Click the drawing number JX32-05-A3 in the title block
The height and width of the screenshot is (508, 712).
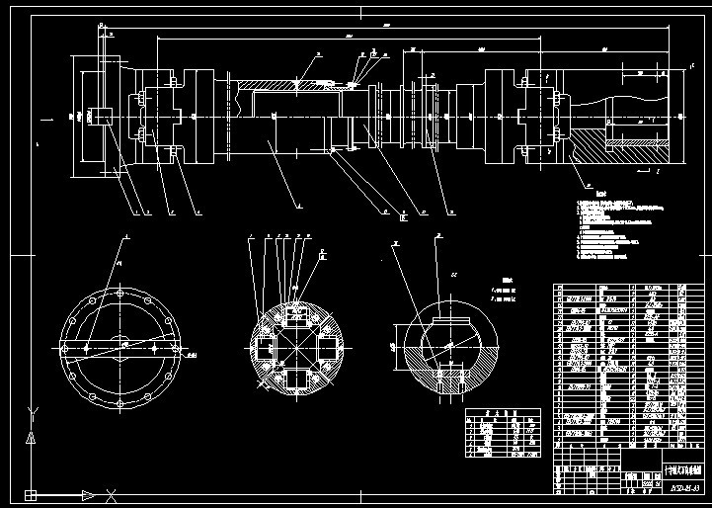(x=683, y=488)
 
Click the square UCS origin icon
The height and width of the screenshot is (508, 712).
(x=33, y=494)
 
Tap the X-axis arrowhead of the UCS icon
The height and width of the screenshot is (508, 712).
(x=89, y=494)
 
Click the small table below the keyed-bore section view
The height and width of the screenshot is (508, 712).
(x=505, y=433)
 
